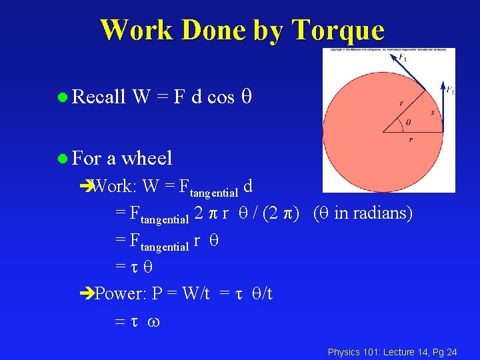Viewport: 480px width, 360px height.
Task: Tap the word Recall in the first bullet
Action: pos(99,97)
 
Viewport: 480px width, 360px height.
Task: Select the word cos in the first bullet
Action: pos(221,97)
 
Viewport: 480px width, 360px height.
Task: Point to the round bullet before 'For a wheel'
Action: pos(62,159)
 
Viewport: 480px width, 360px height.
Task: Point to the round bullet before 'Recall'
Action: pos(62,98)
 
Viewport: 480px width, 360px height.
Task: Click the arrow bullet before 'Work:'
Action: pos(87,186)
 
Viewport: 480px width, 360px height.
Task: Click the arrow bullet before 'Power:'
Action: pos(87,293)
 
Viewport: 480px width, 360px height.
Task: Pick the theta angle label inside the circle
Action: pos(407,123)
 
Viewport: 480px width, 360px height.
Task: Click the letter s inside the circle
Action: pos(432,113)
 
